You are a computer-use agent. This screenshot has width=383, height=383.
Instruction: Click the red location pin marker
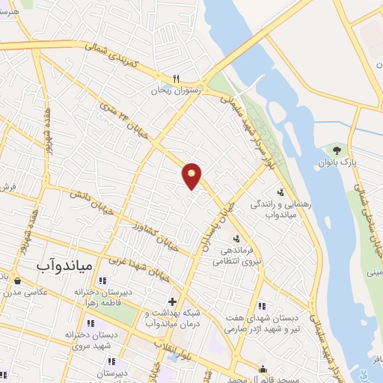(x=192, y=176)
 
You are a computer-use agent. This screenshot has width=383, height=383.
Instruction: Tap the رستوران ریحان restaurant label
(x=178, y=89)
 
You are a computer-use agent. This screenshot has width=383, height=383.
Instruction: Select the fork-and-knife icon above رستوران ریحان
(x=177, y=78)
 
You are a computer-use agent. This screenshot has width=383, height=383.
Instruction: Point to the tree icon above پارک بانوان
(x=345, y=149)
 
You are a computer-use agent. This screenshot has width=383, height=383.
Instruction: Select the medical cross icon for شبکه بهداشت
(x=172, y=301)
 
